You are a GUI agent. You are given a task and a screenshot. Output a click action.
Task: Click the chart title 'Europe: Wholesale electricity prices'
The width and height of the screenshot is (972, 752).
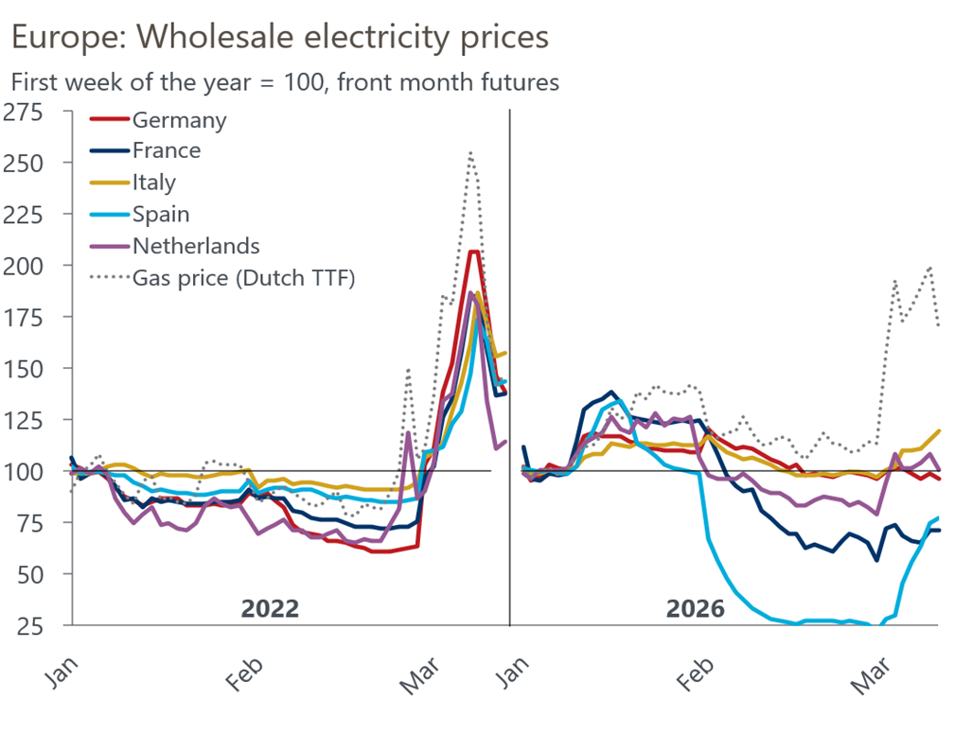279,37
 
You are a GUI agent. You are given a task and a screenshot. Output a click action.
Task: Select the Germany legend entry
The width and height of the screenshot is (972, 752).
179,120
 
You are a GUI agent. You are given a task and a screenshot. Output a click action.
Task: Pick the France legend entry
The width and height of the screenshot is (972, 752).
167,150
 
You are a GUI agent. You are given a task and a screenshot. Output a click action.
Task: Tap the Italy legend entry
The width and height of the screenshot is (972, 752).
154,182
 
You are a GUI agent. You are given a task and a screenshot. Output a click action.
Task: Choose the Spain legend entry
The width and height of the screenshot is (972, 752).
161,215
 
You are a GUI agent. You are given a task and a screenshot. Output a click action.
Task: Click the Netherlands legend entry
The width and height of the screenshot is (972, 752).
196,246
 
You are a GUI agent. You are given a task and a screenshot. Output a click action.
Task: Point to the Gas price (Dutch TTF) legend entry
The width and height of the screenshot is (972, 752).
243,278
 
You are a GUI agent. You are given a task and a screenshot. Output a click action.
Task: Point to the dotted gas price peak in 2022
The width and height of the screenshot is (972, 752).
469,152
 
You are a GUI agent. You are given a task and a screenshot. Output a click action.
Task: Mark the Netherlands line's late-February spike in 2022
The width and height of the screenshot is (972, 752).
408,434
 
